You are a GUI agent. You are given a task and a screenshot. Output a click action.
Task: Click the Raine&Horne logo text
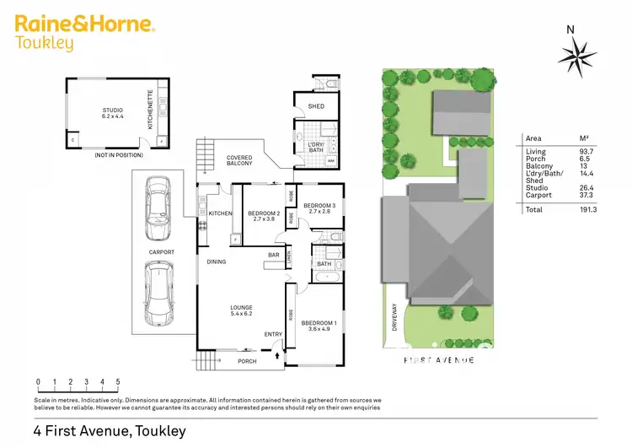pyautogui.click(x=84, y=24)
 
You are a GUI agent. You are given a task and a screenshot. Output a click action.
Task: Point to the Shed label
pyautogui.click(x=316, y=106)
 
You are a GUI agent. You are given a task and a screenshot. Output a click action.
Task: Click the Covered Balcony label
pyautogui.click(x=239, y=160)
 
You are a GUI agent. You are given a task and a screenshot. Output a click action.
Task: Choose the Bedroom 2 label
pyautogui.click(x=264, y=214)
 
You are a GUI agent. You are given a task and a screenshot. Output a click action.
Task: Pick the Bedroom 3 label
pyautogui.click(x=319, y=208)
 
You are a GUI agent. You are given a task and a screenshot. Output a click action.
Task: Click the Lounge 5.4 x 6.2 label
pyautogui.click(x=243, y=310)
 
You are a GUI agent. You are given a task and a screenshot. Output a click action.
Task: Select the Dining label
pyautogui.click(x=217, y=262)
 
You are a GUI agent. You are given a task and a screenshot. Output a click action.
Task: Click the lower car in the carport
pyautogui.click(x=157, y=292)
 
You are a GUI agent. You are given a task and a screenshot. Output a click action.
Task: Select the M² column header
pyautogui.click(x=577, y=138)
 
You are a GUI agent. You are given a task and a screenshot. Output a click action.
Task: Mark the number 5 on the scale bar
pyautogui.click(x=118, y=382)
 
